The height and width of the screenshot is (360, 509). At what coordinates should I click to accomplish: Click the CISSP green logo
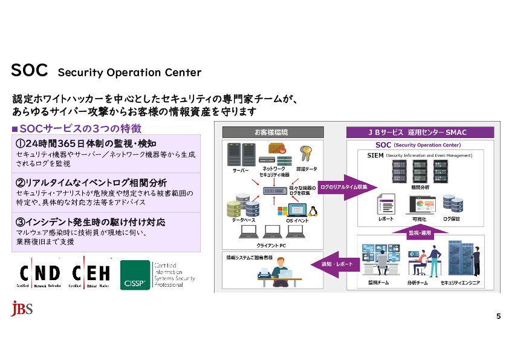(x=135, y=275)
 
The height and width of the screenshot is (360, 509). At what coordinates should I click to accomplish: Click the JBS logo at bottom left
(x=22, y=309)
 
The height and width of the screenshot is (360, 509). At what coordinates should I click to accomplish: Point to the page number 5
(x=498, y=316)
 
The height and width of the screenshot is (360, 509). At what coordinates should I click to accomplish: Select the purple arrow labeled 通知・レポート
(x=334, y=264)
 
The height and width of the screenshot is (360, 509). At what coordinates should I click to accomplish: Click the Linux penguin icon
(x=313, y=211)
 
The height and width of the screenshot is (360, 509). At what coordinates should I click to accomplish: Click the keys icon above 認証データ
(x=306, y=152)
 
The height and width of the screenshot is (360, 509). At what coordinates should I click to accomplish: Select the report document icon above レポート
(x=386, y=204)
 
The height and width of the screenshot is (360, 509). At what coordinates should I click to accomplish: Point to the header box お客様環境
(x=270, y=132)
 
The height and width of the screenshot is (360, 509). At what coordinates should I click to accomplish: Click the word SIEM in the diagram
(x=375, y=155)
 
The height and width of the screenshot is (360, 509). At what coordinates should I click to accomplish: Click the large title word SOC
(x=29, y=70)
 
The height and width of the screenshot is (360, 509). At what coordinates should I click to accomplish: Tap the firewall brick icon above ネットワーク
(x=276, y=151)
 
